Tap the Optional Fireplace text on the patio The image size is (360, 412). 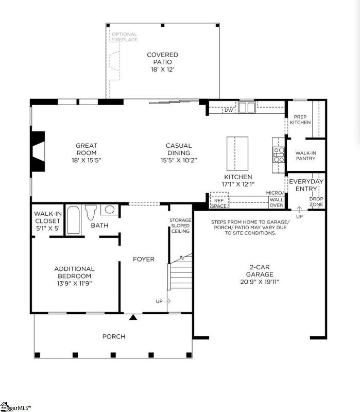[124, 37]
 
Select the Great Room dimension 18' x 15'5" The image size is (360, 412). [86, 160]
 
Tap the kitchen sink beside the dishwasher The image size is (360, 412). [247, 107]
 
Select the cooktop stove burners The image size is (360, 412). [279, 154]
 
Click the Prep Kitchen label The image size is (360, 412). [300, 119]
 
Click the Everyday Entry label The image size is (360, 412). [306, 185]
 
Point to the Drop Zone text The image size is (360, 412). [315, 202]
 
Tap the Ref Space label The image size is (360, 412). [218, 203]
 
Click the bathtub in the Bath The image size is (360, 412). [74, 220]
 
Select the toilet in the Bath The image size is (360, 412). [92, 212]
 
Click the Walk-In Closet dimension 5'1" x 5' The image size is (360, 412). [47, 229]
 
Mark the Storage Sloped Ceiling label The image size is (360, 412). [180, 226]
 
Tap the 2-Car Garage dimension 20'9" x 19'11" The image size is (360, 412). [260, 282]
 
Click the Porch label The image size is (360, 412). [113, 336]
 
